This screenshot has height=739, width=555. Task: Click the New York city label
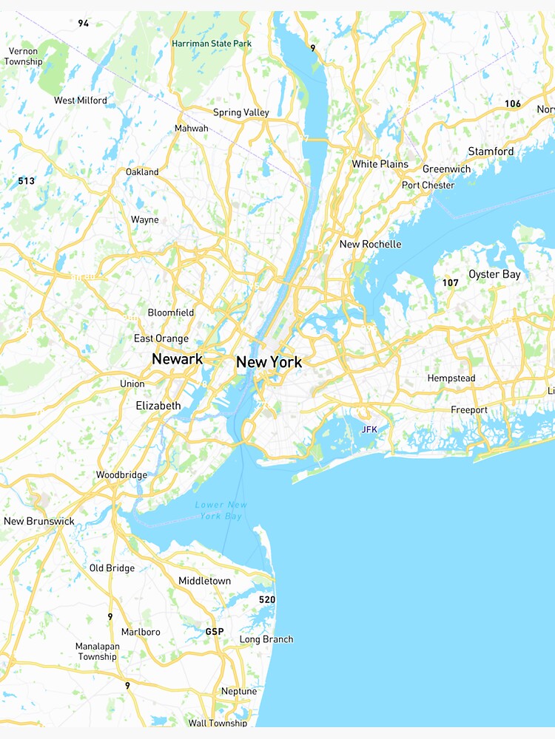pos(269,363)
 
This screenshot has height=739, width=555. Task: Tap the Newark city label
pos(177,359)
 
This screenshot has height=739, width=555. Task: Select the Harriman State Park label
pos(212,44)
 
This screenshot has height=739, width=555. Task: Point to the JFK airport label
pos(369,429)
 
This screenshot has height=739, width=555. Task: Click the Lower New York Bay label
pos(221,511)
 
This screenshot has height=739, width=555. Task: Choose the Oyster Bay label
pos(494,274)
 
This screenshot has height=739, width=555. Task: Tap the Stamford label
pos(491,151)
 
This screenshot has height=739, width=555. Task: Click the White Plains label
pos(380,164)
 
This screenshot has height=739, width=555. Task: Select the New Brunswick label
pos(39,521)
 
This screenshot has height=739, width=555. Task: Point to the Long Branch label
pos(266,639)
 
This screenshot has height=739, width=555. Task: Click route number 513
pos(27,181)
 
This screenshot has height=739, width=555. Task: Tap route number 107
pos(451,283)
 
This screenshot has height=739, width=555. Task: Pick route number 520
pos(266,599)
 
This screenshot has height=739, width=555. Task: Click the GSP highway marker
pos(214,633)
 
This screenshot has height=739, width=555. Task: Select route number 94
pos(84,24)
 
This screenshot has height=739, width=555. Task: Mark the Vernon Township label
pos(24,56)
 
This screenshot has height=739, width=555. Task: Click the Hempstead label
pos(451,378)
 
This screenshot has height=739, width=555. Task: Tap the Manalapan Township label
pos(98,651)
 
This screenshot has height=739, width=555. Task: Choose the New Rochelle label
pos(370,244)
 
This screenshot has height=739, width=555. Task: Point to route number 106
pos(513,103)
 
